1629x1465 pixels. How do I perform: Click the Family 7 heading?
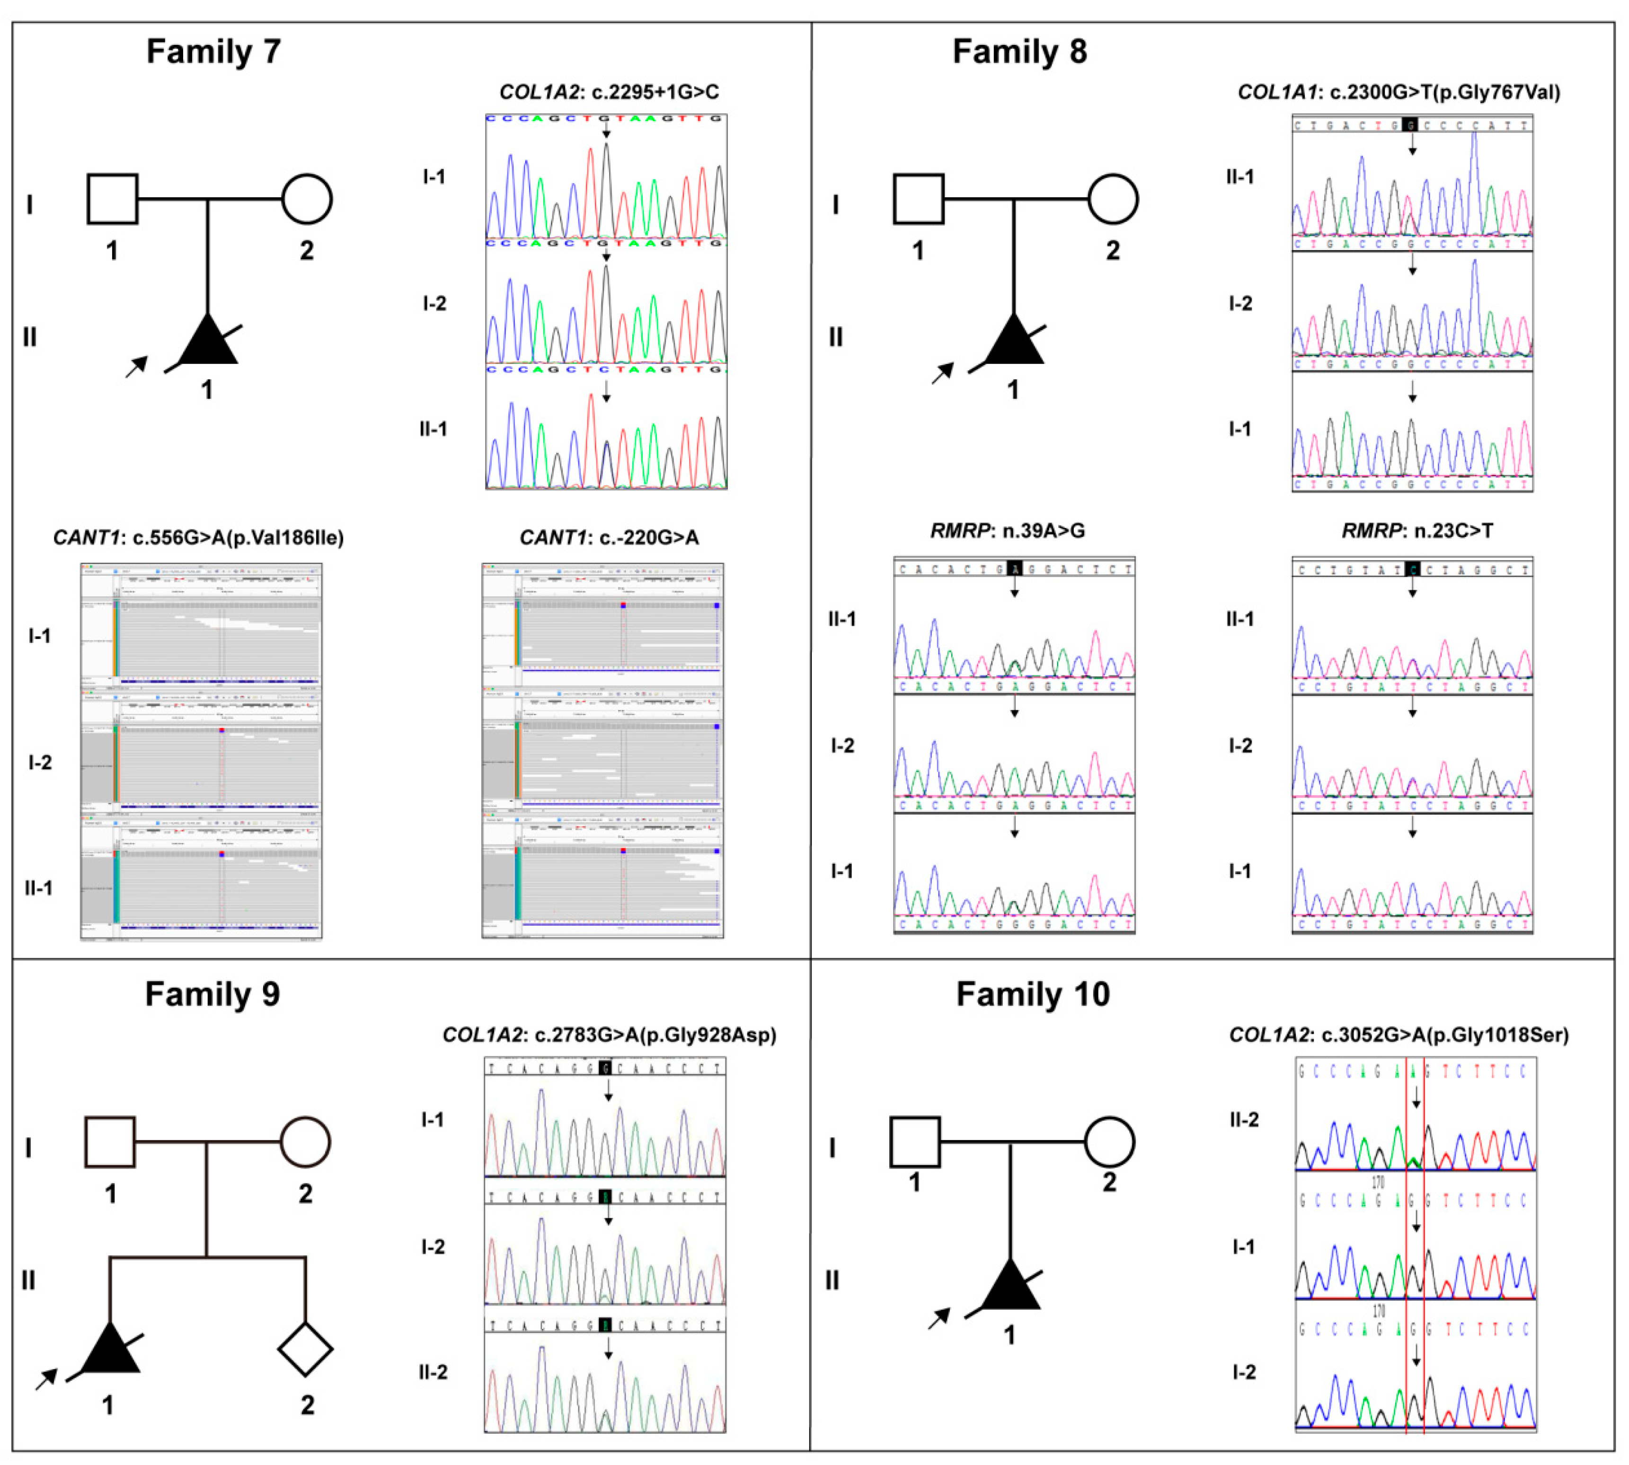(213, 52)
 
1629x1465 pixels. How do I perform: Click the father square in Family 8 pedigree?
(918, 199)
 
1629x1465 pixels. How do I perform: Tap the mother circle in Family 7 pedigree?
(307, 199)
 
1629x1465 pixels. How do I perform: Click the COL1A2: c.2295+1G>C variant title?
(609, 92)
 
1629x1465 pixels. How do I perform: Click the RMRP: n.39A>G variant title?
(1007, 530)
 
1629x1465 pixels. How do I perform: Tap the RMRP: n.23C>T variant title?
(1417, 530)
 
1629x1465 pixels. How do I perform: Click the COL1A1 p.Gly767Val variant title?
(1399, 92)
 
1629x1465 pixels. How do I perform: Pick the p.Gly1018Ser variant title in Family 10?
(1399, 1035)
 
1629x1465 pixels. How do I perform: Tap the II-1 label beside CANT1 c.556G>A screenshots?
(39, 888)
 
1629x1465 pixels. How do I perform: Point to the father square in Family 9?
(110, 1141)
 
